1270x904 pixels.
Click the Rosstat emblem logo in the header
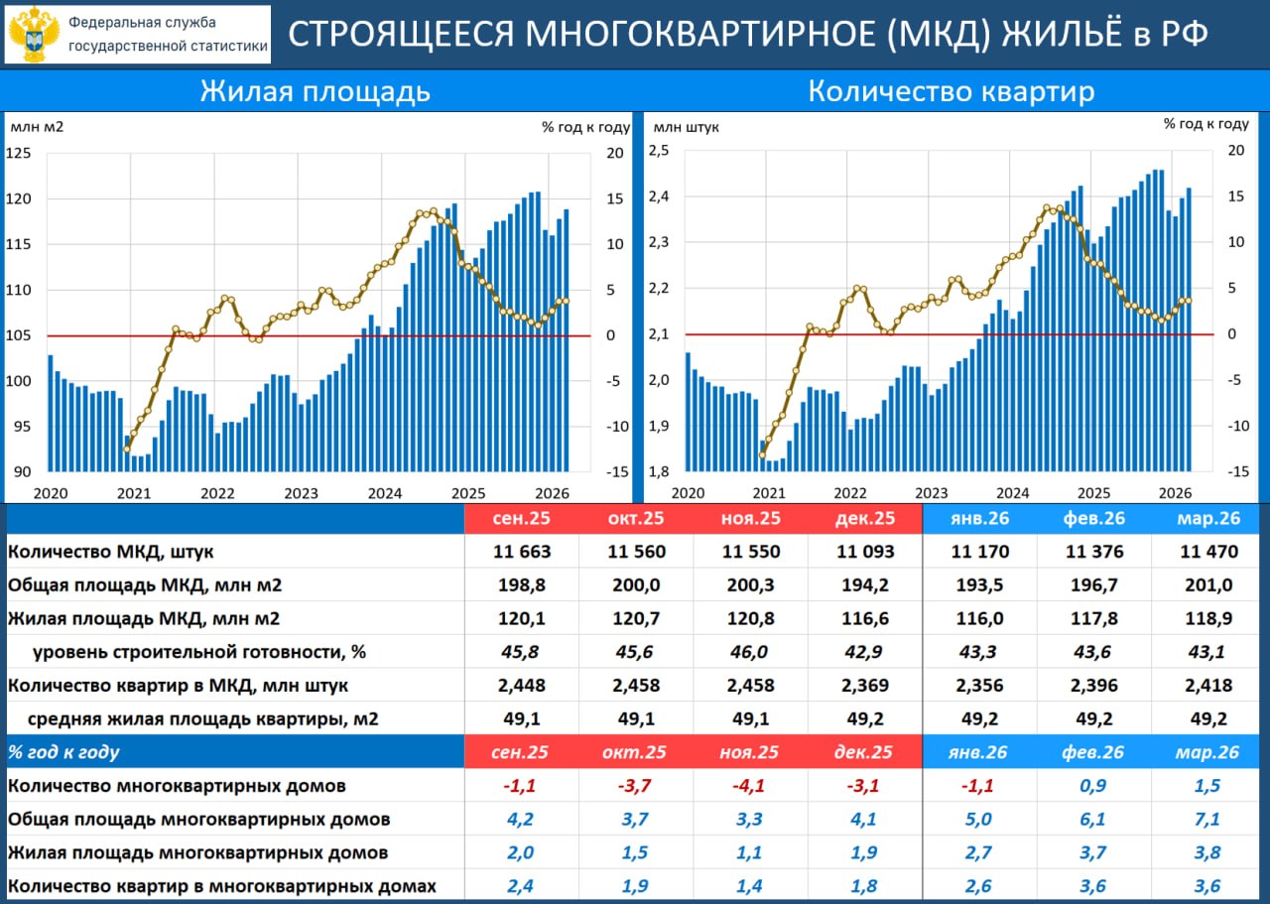[x=34, y=34]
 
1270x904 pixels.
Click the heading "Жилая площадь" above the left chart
[x=316, y=91]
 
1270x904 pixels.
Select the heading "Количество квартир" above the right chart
[x=952, y=91]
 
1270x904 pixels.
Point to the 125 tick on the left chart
[x=19, y=153]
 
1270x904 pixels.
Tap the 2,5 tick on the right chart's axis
[x=660, y=150]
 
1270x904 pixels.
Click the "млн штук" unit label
[x=687, y=126]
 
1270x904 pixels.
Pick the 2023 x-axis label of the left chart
[x=301, y=493]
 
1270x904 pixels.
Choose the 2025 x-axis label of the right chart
[x=1093, y=493]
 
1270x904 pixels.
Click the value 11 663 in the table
[x=521, y=552]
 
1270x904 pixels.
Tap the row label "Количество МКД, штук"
[x=110, y=552]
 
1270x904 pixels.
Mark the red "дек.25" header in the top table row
[x=865, y=518]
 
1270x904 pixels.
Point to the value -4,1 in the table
[x=750, y=786]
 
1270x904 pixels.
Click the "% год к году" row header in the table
[x=63, y=752]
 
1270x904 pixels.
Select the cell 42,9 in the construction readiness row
[x=865, y=652]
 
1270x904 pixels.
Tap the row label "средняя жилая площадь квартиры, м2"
[x=202, y=718]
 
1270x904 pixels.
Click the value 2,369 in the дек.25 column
[x=865, y=685]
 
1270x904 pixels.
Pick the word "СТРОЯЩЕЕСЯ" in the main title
[x=401, y=33]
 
